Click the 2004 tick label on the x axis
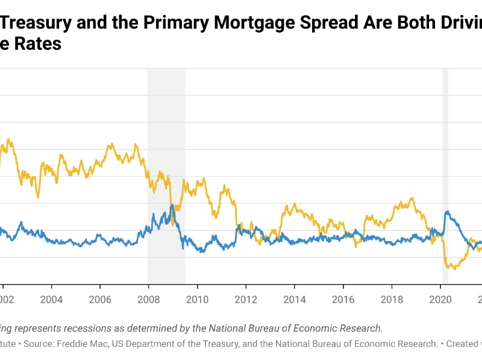[51, 298]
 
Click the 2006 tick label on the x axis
[100, 298]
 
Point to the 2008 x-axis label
[148, 298]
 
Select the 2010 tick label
[197, 298]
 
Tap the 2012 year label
[245, 298]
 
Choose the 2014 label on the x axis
[294, 298]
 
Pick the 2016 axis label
[343, 298]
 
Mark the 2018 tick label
[392, 298]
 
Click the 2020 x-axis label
[440, 298]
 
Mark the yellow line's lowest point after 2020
[454, 268]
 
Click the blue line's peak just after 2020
[447, 212]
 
